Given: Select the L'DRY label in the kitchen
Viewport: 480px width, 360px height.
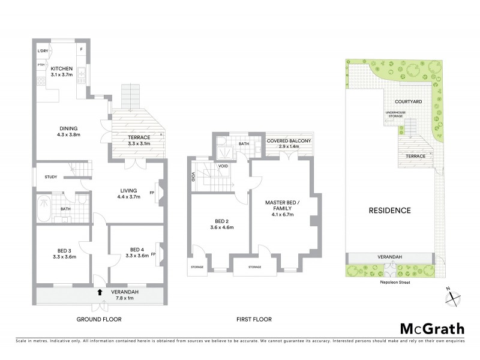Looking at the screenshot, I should point(42,51).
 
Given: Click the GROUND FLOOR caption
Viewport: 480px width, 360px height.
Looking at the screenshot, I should point(99,319).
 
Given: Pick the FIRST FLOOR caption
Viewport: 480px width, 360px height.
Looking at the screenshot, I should point(254,319).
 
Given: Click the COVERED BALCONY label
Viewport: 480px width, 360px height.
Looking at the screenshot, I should point(289,142).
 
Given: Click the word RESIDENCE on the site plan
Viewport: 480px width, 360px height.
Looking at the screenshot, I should point(390,211).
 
